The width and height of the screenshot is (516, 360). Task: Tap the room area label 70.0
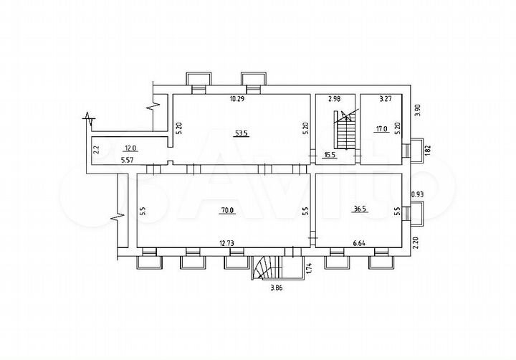point(227,210)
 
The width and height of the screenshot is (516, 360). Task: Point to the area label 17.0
point(381,130)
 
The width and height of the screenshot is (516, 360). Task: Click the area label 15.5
point(330,154)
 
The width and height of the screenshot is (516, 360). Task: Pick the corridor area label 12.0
point(130,148)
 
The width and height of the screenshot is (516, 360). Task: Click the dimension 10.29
point(236,99)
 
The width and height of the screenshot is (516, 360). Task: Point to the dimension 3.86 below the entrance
point(277,289)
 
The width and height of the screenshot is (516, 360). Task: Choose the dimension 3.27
point(385,99)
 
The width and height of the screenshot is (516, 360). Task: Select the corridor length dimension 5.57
point(127,160)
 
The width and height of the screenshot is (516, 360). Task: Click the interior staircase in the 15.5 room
point(345,128)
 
